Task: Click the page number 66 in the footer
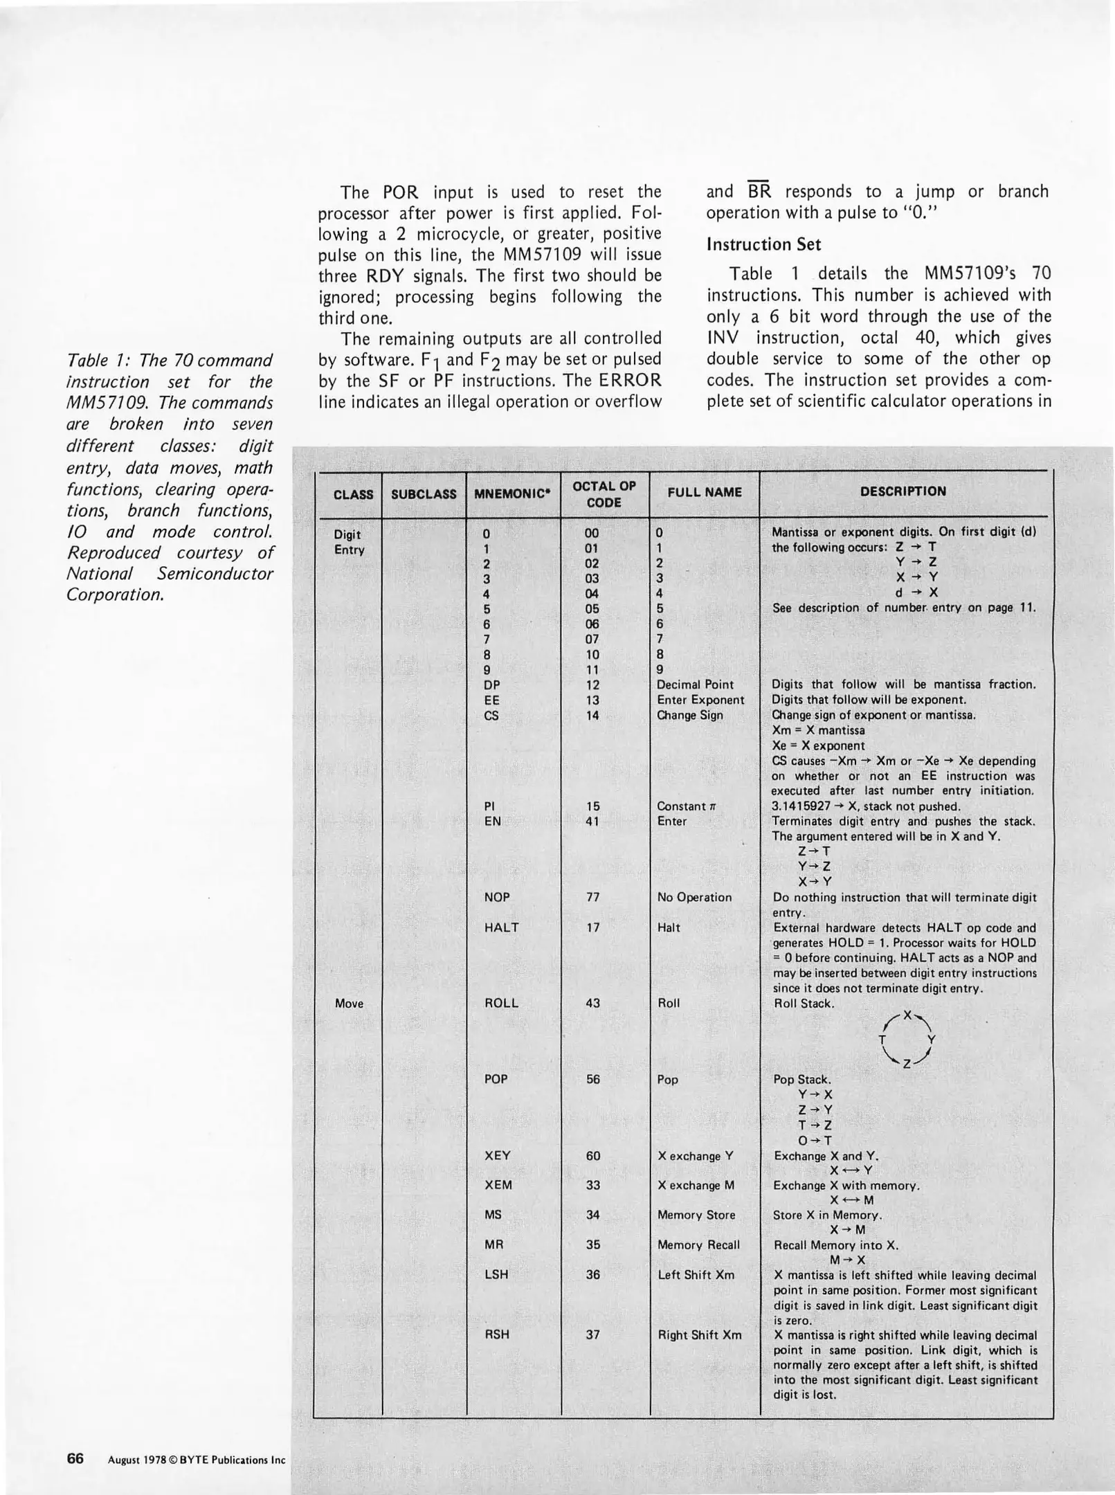coord(75,1458)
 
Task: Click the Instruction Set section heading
coord(763,244)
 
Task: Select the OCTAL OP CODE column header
coord(604,494)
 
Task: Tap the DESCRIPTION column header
coord(903,491)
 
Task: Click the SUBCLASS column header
coord(424,494)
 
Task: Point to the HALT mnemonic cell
coord(501,927)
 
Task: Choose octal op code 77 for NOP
coord(592,897)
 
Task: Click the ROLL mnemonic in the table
coord(501,1003)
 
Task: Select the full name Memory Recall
coord(698,1244)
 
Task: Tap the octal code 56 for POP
coord(592,1079)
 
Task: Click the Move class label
coord(349,1004)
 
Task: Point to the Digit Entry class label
coord(349,542)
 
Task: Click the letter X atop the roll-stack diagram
coord(907,1016)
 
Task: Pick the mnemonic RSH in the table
coord(496,1334)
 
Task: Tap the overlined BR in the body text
coord(759,192)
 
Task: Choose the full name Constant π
coord(686,806)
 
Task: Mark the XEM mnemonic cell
coord(498,1185)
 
